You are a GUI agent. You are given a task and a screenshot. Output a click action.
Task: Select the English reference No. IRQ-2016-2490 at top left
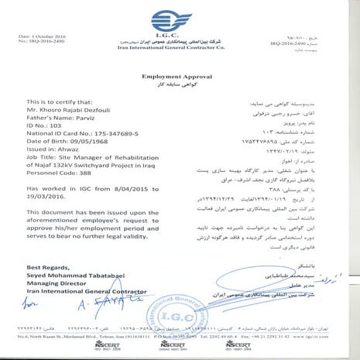click(x=50, y=43)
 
